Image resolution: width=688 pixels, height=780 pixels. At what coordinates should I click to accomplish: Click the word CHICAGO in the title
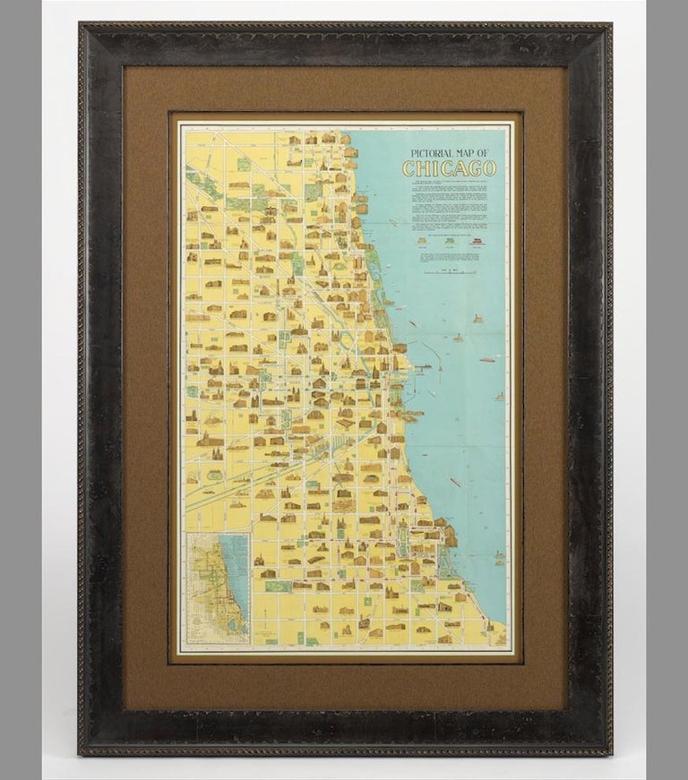point(449,169)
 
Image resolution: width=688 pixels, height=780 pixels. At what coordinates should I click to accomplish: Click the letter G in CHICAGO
point(477,169)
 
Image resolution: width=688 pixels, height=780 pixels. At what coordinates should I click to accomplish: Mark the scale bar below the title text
point(449,272)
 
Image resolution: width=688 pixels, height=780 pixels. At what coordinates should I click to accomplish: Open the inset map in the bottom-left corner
point(219,587)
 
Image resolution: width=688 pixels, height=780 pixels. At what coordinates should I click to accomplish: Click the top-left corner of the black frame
point(82,28)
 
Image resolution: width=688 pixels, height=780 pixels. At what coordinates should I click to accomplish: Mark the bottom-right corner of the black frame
point(608,753)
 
